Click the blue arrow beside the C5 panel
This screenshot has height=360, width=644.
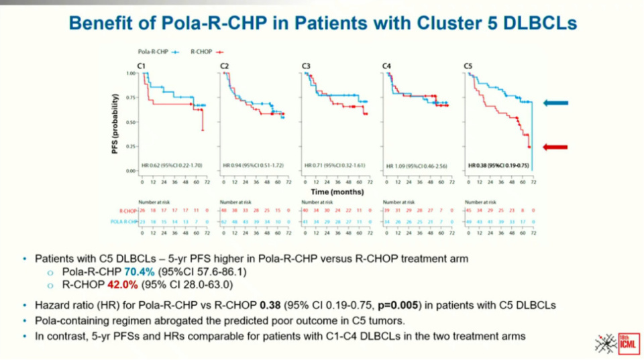click(555, 103)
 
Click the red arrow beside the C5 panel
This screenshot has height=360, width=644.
click(555, 147)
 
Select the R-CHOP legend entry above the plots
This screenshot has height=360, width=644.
click(207, 51)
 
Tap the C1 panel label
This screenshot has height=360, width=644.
click(142, 65)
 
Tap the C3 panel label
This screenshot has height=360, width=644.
click(305, 65)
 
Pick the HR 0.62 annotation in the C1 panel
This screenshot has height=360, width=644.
click(172, 165)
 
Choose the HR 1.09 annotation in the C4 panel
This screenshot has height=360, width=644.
click(416, 165)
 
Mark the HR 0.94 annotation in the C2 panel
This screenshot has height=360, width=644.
click(253, 165)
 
